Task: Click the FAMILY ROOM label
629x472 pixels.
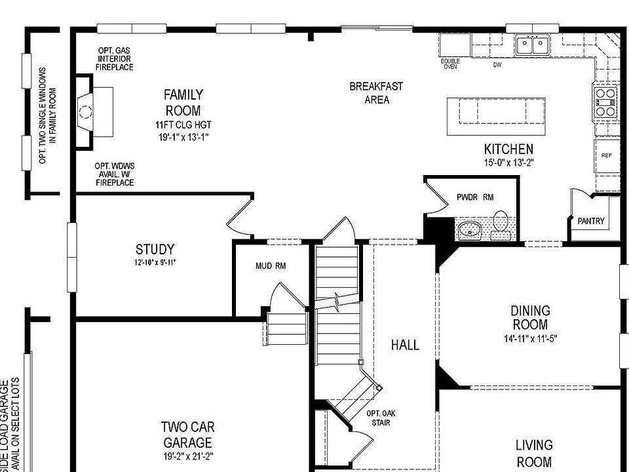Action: (x=183, y=102)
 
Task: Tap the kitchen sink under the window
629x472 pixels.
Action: (x=532, y=45)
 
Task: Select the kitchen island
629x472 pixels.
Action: (x=496, y=111)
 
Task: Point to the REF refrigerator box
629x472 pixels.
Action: (x=607, y=156)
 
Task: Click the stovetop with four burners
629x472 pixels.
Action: (x=606, y=102)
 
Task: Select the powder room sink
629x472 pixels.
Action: (x=469, y=229)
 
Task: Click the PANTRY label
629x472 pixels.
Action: (x=591, y=222)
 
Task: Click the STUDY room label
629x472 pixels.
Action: (x=155, y=250)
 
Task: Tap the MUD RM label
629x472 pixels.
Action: (x=271, y=266)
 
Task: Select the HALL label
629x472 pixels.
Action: (x=405, y=345)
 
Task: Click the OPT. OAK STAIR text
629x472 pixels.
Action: (x=381, y=418)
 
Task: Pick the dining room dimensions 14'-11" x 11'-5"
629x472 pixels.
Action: (x=530, y=339)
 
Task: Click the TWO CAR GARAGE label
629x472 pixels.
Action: (x=187, y=435)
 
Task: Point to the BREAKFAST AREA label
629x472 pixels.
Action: (x=376, y=93)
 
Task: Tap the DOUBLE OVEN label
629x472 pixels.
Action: (x=450, y=64)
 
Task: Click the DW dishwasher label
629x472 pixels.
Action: (x=497, y=64)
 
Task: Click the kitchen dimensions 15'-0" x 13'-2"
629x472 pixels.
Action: (x=508, y=163)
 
